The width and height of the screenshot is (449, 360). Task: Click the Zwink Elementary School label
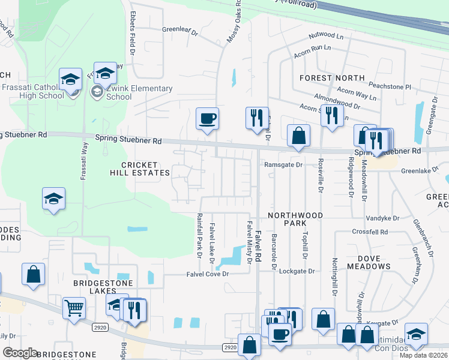(x=136, y=92)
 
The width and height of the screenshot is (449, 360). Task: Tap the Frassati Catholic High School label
(x=32, y=91)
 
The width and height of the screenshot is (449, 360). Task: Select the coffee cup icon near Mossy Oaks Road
(x=208, y=118)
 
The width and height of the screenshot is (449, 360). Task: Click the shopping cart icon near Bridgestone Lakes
(x=74, y=308)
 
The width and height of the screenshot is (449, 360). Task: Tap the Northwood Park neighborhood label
(x=295, y=219)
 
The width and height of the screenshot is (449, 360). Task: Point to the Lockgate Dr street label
(x=297, y=271)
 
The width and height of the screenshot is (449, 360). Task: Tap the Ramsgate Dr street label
(x=282, y=164)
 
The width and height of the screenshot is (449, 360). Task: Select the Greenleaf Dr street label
(x=179, y=29)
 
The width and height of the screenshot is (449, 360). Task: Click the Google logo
(x=20, y=353)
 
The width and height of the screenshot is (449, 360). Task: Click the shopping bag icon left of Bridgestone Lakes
(x=34, y=274)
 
